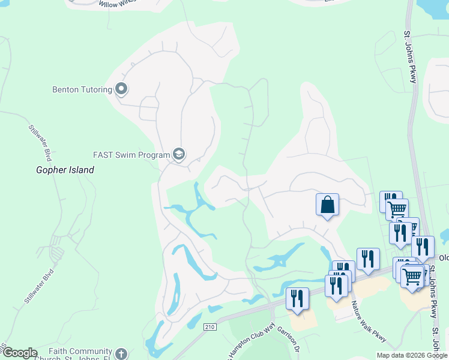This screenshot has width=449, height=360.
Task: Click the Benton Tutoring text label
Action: (x=82, y=90)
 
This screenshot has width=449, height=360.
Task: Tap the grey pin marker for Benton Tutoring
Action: (x=121, y=90)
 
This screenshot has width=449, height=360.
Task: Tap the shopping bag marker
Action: (x=327, y=205)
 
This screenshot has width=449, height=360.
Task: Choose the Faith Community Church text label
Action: (x=81, y=355)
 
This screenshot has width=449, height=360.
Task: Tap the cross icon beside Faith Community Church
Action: (x=121, y=354)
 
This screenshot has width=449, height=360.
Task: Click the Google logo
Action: (x=19, y=353)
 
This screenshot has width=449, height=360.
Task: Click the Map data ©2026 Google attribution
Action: (x=411, y=355)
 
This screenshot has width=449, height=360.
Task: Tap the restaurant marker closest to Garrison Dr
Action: (x=297, y=299)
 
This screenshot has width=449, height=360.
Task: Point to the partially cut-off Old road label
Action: (x=444, y=258)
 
